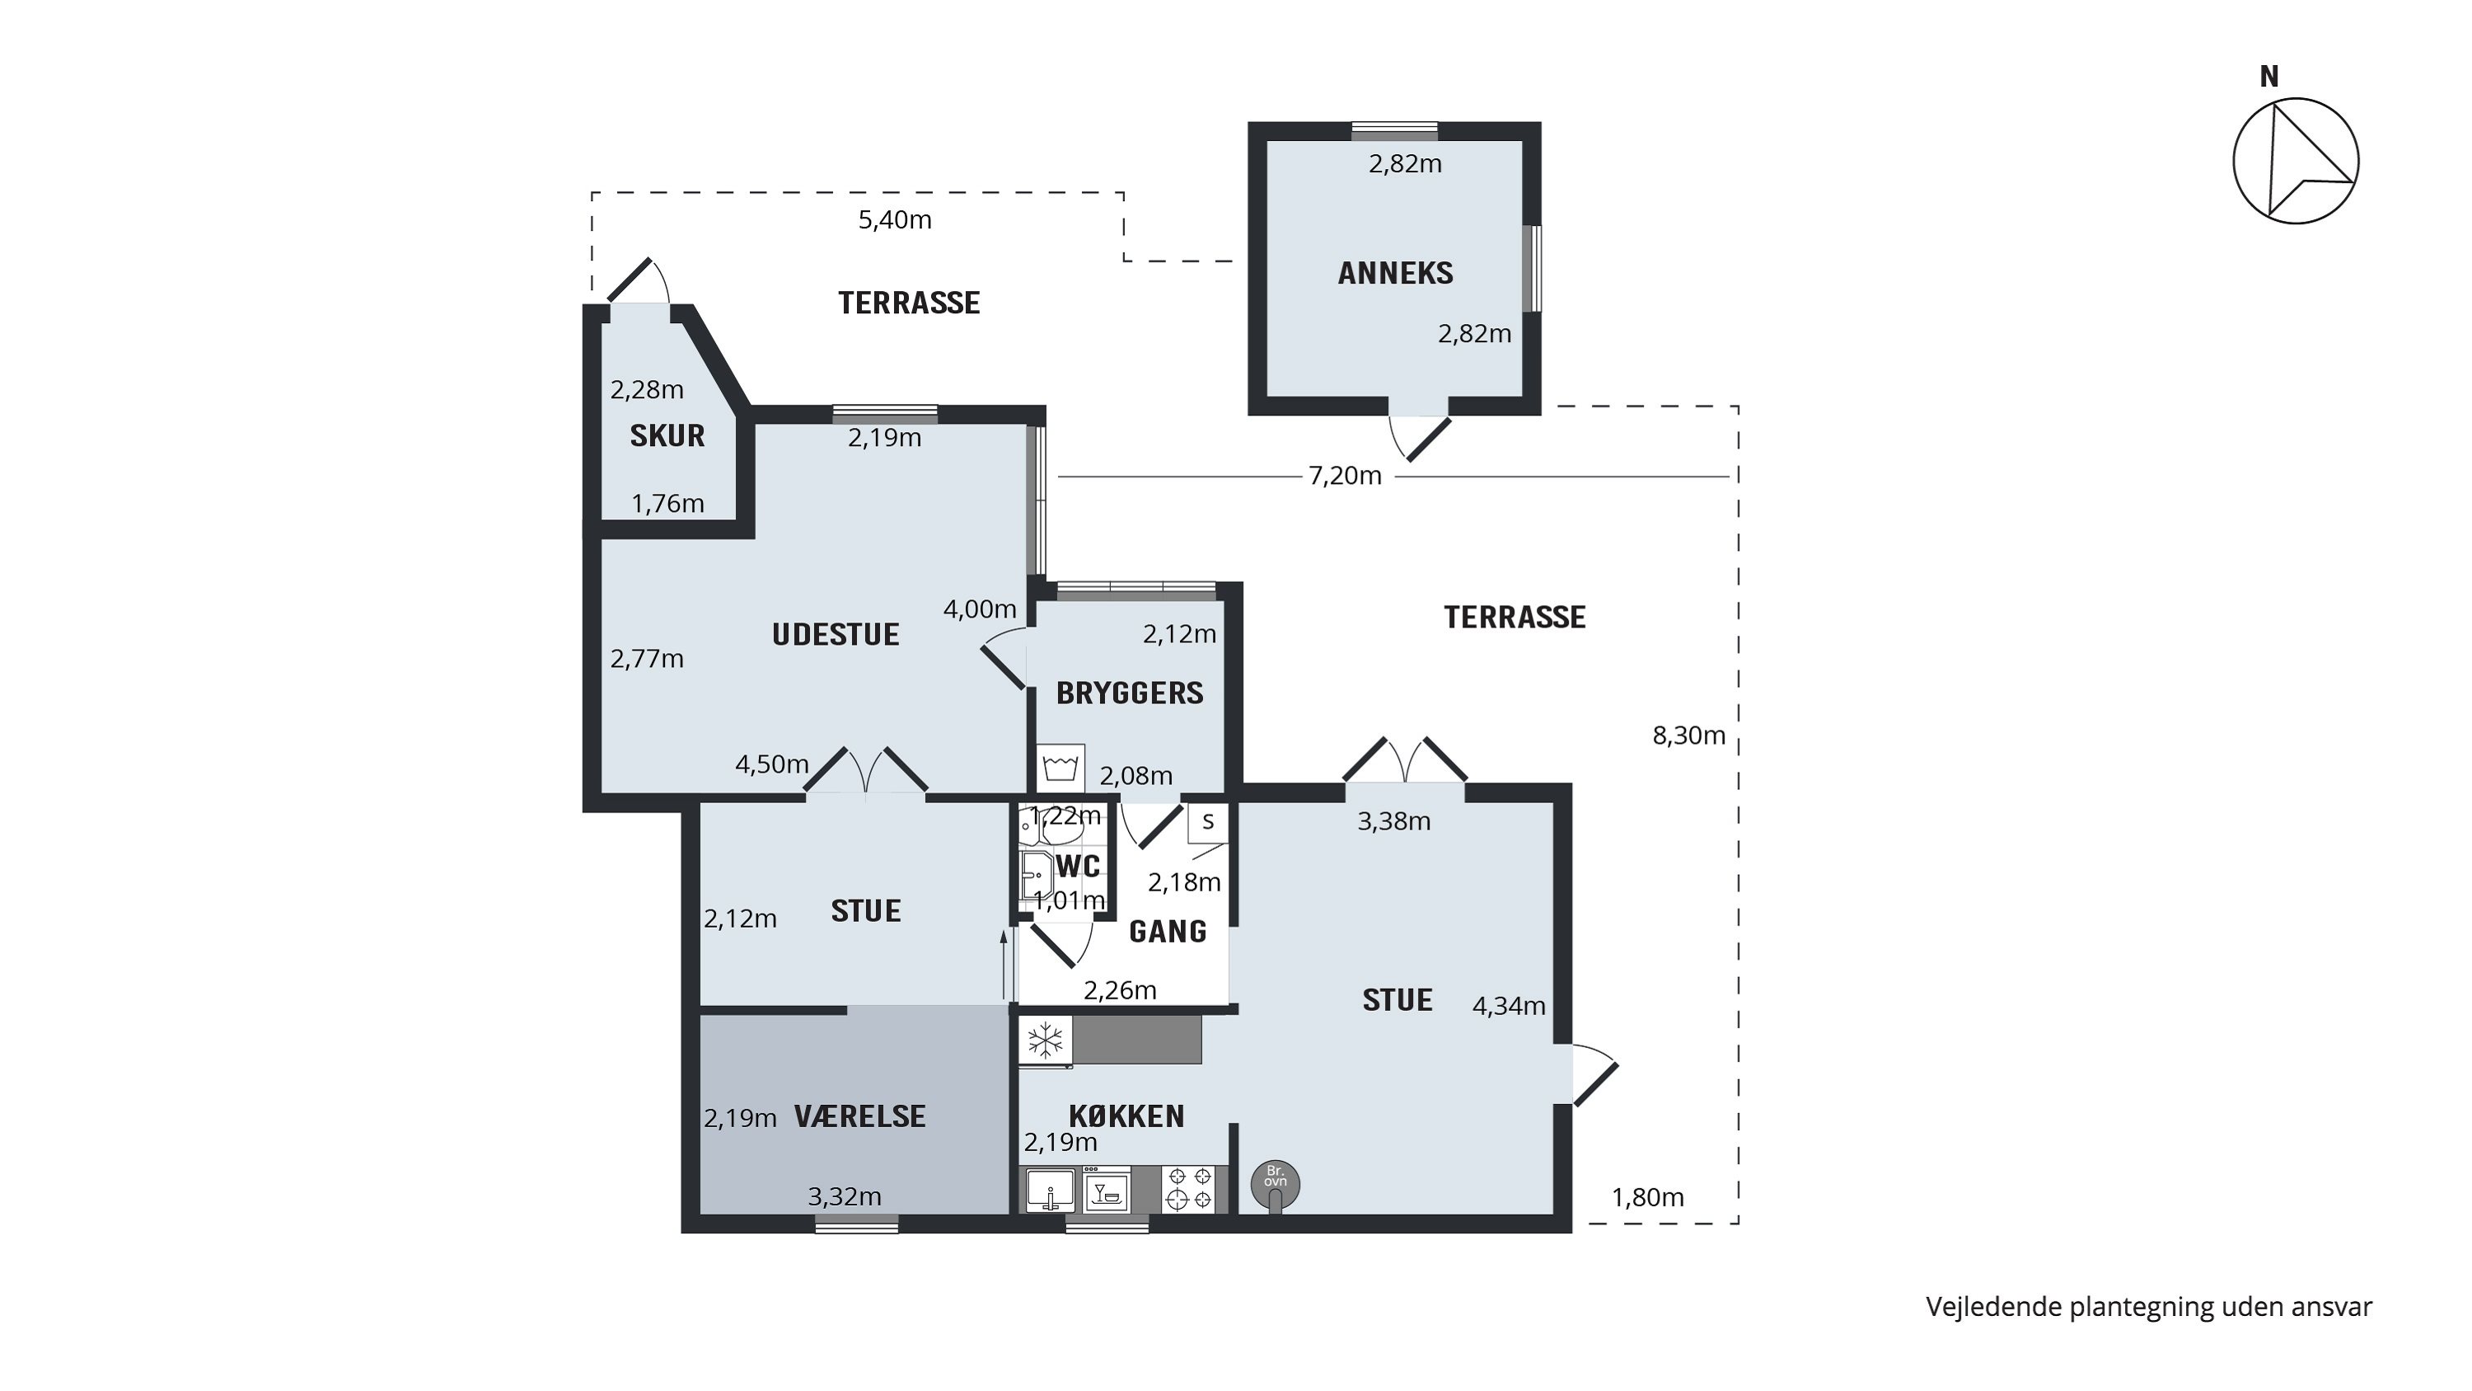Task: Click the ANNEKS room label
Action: click(x=1395, y=273)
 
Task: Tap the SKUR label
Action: click(x=667, y=436)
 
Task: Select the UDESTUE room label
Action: click(x=836, y=635)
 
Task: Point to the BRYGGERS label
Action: click(x=1130, y=693)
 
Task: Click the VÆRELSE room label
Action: click(x=859, y=1116)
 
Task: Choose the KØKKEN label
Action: click(x=1126, y=1116)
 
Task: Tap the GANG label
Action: click(x=1168, y=931)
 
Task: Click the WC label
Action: click(x=1078, y=866)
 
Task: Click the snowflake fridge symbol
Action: click(x=1045, y=1040)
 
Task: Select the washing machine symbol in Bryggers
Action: click(x=1060, y=768)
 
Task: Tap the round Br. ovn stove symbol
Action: click(x=1276, y=1186)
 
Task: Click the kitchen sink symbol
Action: click(x=1050, y=1191)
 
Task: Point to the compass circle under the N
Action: click(x=2296, y=160)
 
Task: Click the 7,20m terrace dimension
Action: click(x=1346, y=475)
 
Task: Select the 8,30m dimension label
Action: click(x=1689, y=735)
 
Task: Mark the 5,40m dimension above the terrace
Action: click(x=894, y=220)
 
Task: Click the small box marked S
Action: click(x=1208, y=822)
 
